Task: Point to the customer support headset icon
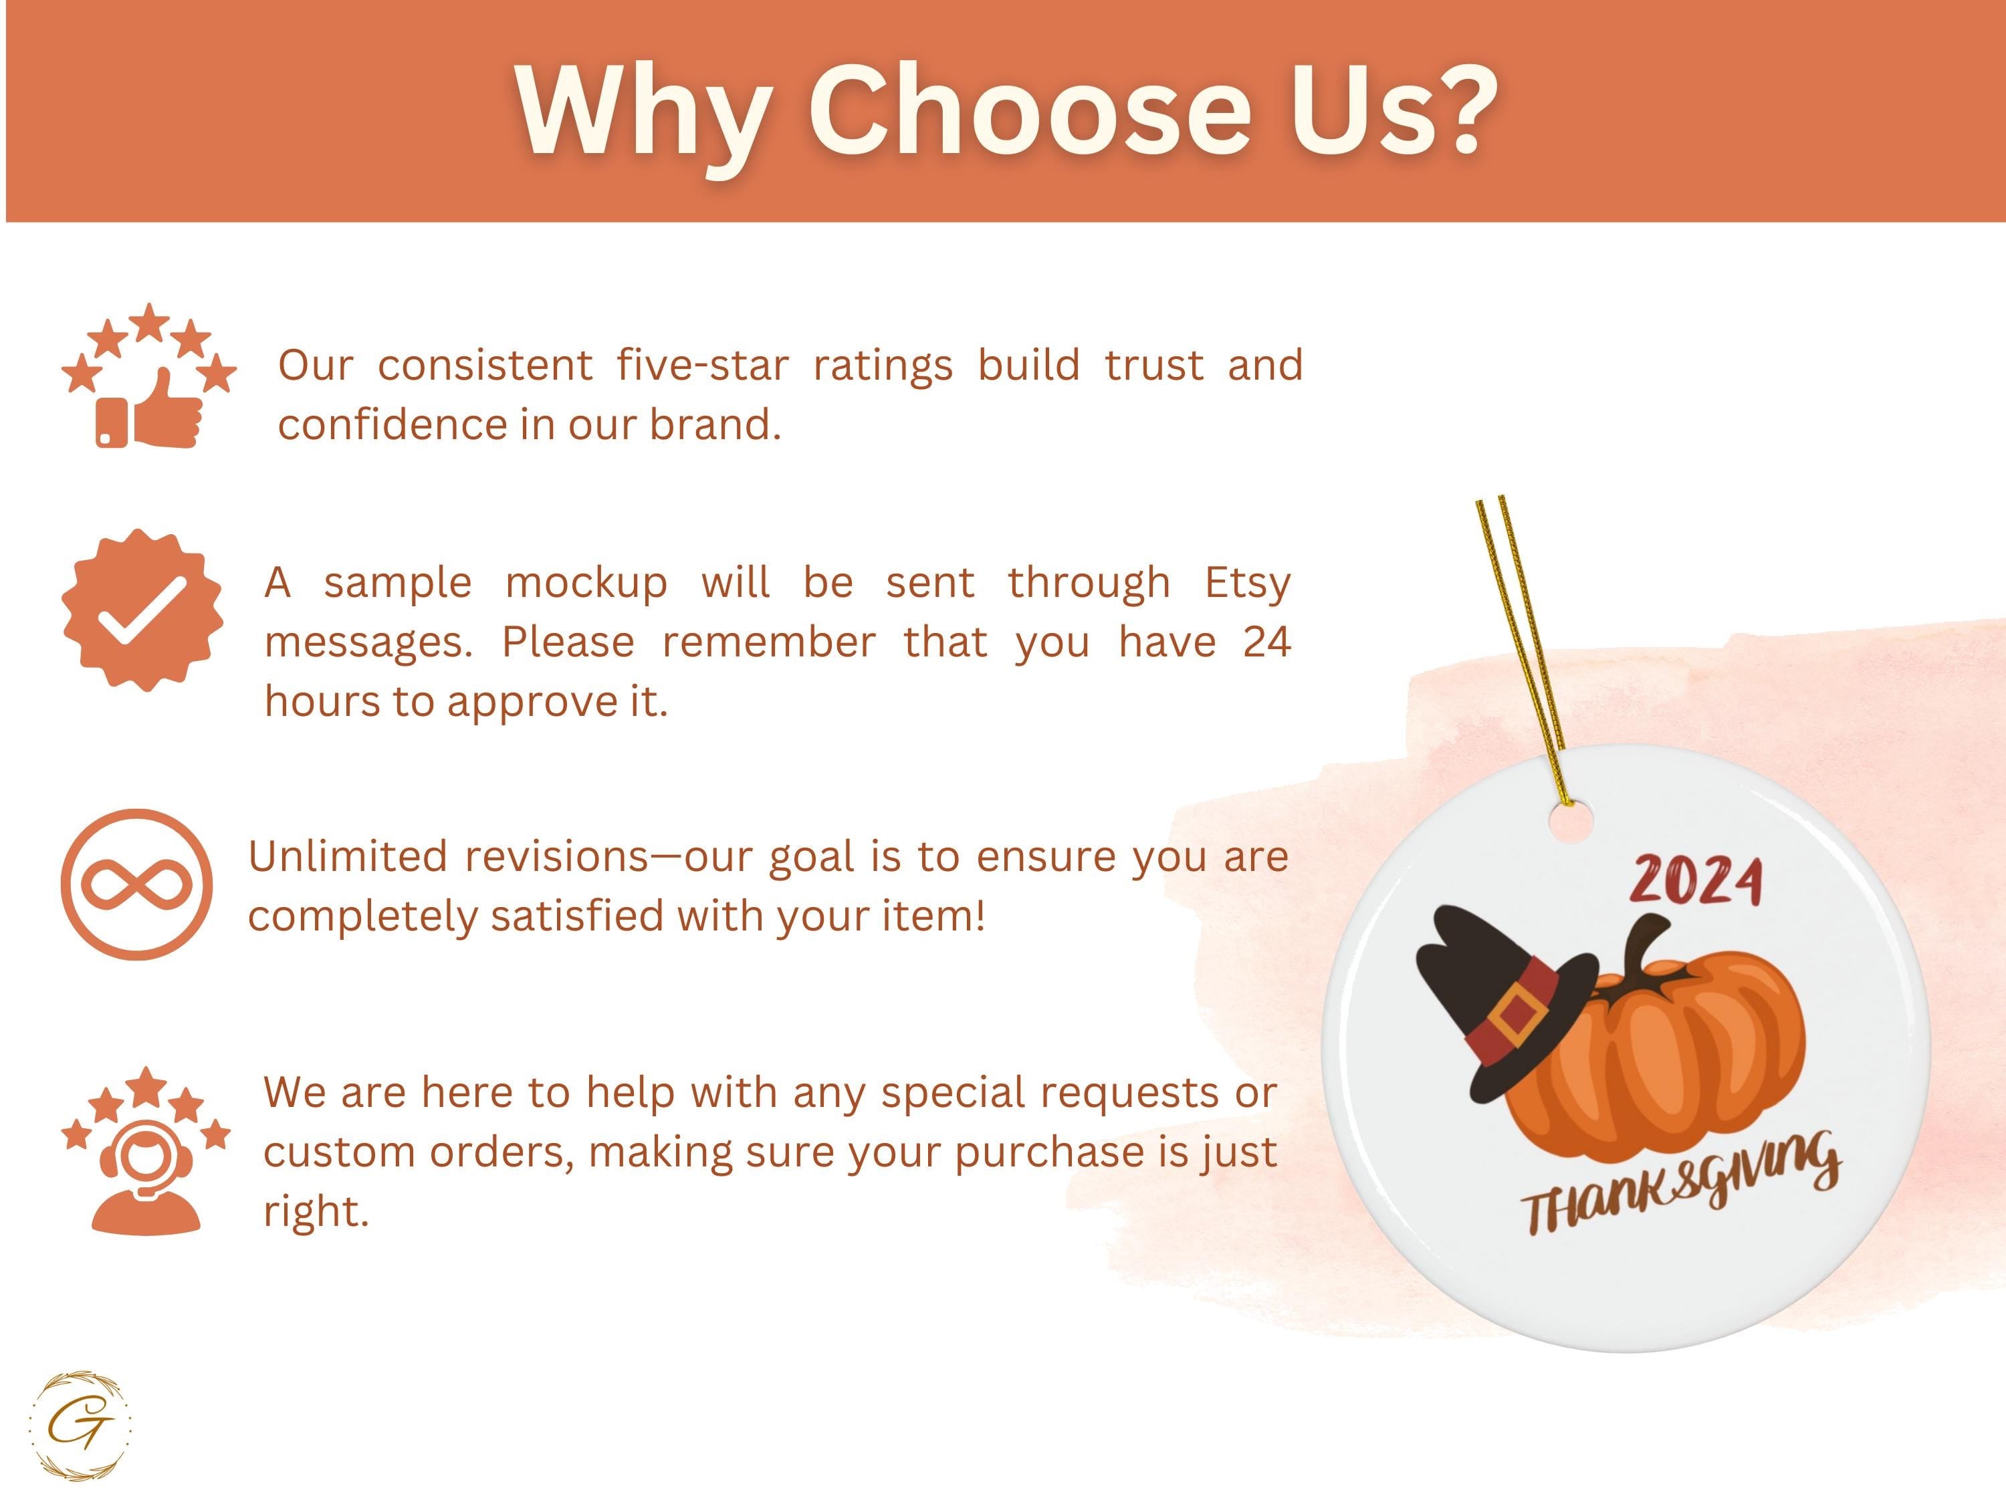click(146, 1150)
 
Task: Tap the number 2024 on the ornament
click(1696, 880)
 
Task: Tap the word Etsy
click(1248, 584)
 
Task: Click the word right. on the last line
click(316, 1212)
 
